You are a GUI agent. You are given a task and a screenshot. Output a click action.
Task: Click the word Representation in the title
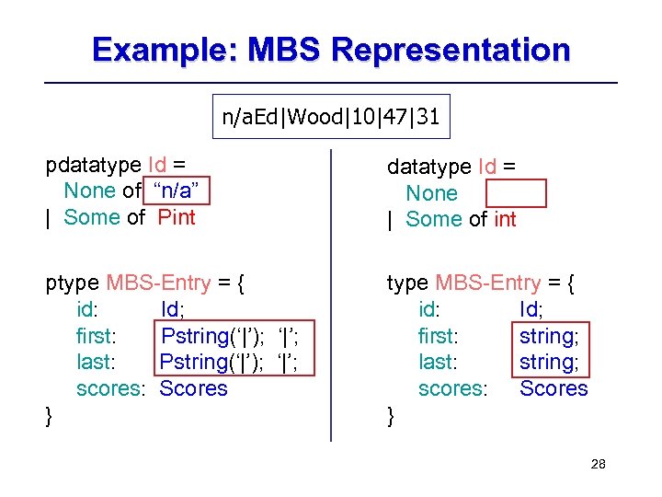[x=451, y=49]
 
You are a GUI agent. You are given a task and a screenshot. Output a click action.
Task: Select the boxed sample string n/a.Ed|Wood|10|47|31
[x=331, y=117]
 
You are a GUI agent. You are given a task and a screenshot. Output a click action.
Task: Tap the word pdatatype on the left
[x=93, y=165]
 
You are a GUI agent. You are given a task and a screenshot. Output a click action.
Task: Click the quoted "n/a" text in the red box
[x=182, y=191]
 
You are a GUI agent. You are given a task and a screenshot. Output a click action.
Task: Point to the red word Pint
[x=177, y=217]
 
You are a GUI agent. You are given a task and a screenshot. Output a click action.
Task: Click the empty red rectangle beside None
[x=516, y=193]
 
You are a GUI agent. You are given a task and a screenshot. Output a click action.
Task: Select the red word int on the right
[x=505, y=219]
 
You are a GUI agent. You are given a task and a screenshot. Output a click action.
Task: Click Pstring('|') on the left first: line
[x=213, y=336]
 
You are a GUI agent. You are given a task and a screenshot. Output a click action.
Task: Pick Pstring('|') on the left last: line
[x=212, y=362]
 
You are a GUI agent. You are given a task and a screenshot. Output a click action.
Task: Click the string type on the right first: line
[x=550, y=336]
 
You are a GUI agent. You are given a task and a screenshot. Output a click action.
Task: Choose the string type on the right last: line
[x=550, y=362]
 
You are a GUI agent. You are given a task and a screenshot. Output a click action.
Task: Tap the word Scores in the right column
[x=554, y=388]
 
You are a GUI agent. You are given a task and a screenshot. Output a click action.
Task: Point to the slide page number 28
[x=598, y=465]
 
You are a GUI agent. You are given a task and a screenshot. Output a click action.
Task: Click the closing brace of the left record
[x=50, y=416]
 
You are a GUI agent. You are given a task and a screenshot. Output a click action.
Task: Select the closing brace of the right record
[x=391, y=416]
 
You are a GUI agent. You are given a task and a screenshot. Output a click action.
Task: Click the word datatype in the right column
[x=428, y=167]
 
